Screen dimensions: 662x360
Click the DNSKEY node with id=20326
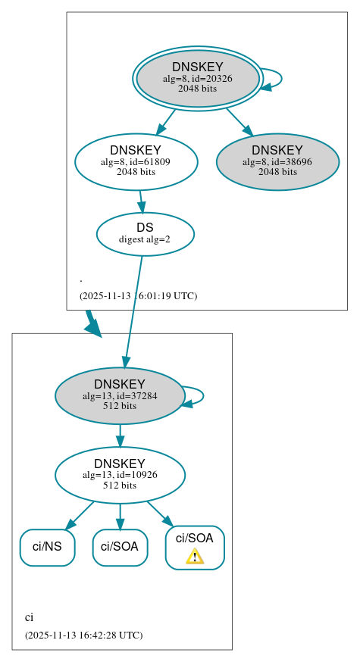197,78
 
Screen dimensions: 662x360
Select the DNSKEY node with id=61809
136,161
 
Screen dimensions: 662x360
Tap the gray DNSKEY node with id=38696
277,161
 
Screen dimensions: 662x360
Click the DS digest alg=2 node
145,233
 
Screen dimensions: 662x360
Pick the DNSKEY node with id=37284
120,395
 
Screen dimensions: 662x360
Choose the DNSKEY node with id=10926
120,475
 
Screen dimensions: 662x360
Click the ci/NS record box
47,547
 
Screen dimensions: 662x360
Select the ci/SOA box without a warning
120,547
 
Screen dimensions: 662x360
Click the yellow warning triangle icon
195,557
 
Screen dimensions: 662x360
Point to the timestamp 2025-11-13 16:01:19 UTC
138,296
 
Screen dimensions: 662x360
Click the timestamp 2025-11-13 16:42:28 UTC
83,635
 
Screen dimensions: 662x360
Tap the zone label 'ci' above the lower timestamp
29,617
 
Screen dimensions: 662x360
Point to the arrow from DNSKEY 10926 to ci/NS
80,515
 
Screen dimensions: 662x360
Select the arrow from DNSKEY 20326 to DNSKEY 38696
239,121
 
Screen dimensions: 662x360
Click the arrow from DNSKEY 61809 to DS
141,201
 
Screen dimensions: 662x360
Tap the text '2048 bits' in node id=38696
277,172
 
